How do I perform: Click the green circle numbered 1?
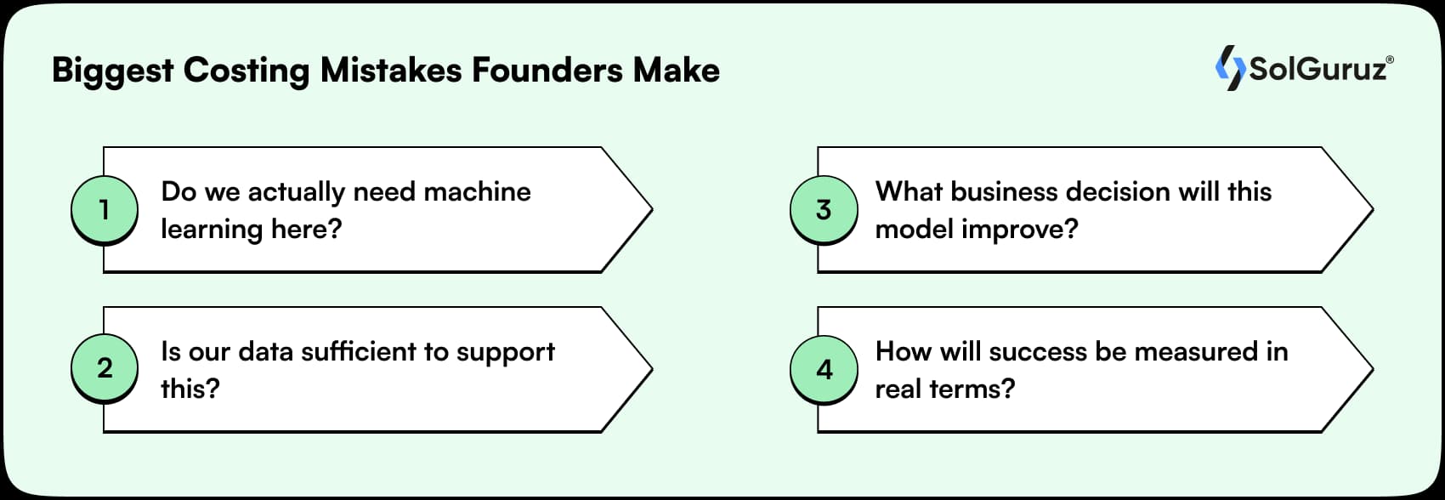[104, 209]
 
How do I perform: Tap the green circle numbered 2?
[104, 368]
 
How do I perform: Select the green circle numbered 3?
[824, 209]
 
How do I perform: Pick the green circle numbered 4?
[824, 369]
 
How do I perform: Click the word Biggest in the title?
[112, 71]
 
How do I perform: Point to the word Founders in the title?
[547, 70]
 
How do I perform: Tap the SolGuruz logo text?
[1317, 69]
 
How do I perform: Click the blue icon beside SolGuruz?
[1229, 68]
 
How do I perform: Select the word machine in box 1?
[477, 191]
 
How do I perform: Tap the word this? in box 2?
[190, 389]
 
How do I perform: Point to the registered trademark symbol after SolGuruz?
[1390, 60]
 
